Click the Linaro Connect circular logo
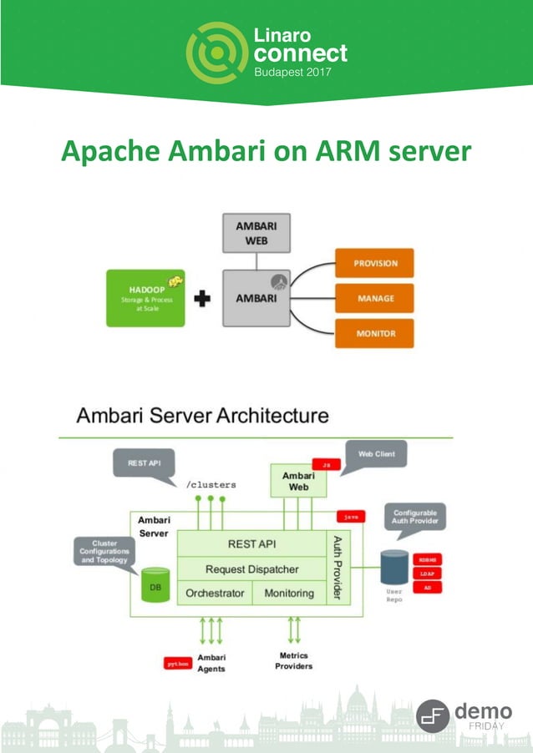tap(216, 53)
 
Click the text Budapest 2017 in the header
tap(292, 73)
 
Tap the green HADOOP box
tap(145, 298)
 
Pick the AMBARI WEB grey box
tap(256, 233)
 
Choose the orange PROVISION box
tap(374, 263)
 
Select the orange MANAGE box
tap(374, 298)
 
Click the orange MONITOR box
tap(374, 333)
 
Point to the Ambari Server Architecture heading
tap(203, 415)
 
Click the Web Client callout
tap(376, 455)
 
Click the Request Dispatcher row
tap(251, 569)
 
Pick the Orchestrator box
tap(215, 593)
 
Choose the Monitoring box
tap(289, 593)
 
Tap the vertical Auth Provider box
tap(338, 568)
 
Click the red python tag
tap(178, 664)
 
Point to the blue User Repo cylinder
tap(394, 568)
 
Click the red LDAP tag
tap(427, 573)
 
